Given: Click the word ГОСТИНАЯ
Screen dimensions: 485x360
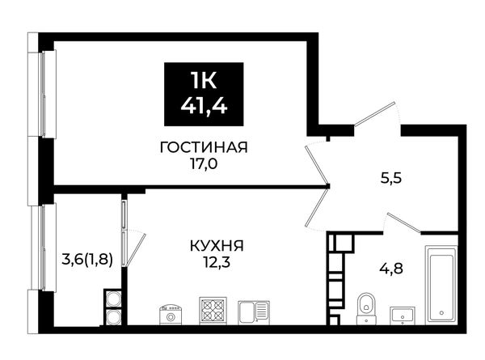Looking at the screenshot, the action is tap(204, 147).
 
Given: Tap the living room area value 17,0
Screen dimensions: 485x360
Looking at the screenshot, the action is tap(204, 164).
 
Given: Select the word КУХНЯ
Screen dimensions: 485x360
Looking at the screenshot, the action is tap(217, 246).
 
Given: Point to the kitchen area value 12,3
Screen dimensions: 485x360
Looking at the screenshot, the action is tap(217, 263).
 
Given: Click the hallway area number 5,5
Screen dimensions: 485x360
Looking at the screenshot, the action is tap(391, 178).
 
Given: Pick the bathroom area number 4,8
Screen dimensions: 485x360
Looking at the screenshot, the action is tap(391, 269).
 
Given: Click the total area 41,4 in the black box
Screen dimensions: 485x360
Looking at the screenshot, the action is tap(204, 106).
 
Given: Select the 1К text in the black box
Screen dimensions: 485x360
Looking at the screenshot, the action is tap(204, 81).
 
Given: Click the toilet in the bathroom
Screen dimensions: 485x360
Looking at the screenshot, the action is tap(366, 308).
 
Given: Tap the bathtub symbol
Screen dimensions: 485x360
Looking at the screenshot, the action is tap(441, 285).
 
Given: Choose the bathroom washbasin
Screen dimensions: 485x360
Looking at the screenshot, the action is tap(403, 316).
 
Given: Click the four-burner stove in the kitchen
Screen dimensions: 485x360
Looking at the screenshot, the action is tap(213, 311).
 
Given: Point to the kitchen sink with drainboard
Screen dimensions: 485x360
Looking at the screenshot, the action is tap(254, 312).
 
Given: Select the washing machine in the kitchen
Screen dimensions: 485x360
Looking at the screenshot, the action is tap(170, 315).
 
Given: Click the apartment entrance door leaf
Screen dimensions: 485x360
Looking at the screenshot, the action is tap(373, 114).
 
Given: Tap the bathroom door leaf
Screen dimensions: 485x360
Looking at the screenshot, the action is tap(404, 222).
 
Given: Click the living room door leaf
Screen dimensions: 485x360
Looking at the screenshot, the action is tap(316, 164).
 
